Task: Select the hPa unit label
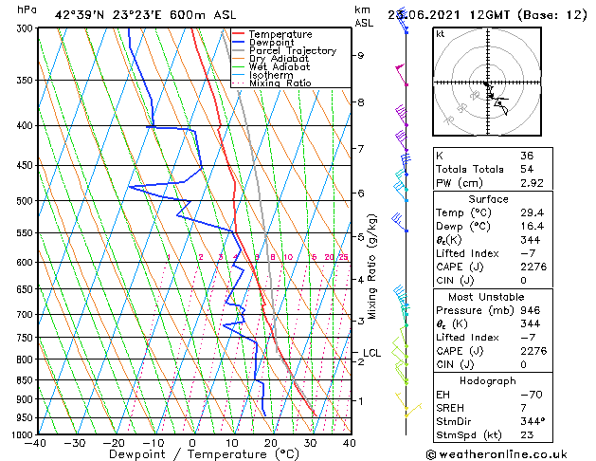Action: tap(27, 9)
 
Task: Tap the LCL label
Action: tap(371, 353)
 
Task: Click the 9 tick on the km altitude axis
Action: tap(361, 55)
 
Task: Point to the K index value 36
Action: tap(527, 156)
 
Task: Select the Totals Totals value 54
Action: tap(527, 169)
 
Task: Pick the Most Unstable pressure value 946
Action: tap(529, 309)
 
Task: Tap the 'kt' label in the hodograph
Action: tap(441, 33)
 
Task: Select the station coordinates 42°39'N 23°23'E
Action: tap(102, 14)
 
